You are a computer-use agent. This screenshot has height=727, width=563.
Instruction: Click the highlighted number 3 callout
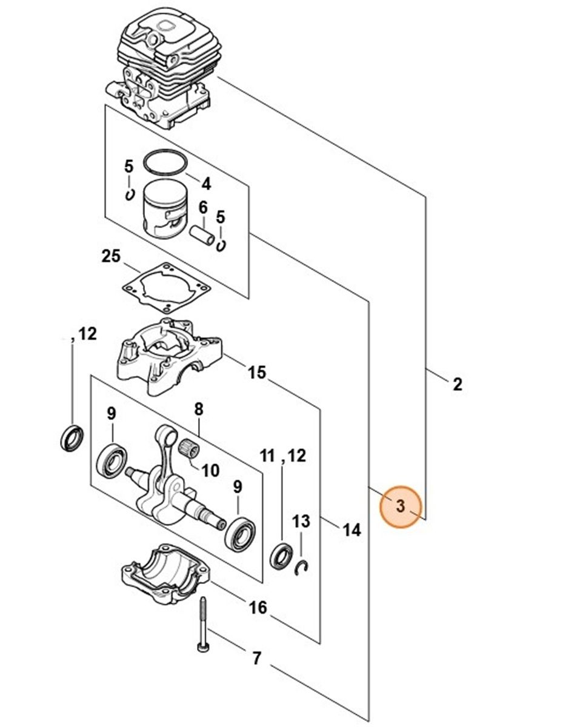(400, 506)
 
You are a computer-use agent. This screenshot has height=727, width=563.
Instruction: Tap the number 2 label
(458, 383)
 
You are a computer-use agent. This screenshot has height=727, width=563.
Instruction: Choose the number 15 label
(257, 372)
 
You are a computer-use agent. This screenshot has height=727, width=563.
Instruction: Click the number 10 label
(210, 470)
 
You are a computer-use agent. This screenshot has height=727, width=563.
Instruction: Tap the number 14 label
(351, 530)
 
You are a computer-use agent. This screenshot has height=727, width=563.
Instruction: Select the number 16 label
(258, 606)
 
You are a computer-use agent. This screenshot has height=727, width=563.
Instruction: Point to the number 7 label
(256, 658)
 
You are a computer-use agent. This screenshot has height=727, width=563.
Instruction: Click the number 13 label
(301, 521)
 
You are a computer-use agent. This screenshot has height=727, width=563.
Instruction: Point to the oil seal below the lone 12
(72, 439)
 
